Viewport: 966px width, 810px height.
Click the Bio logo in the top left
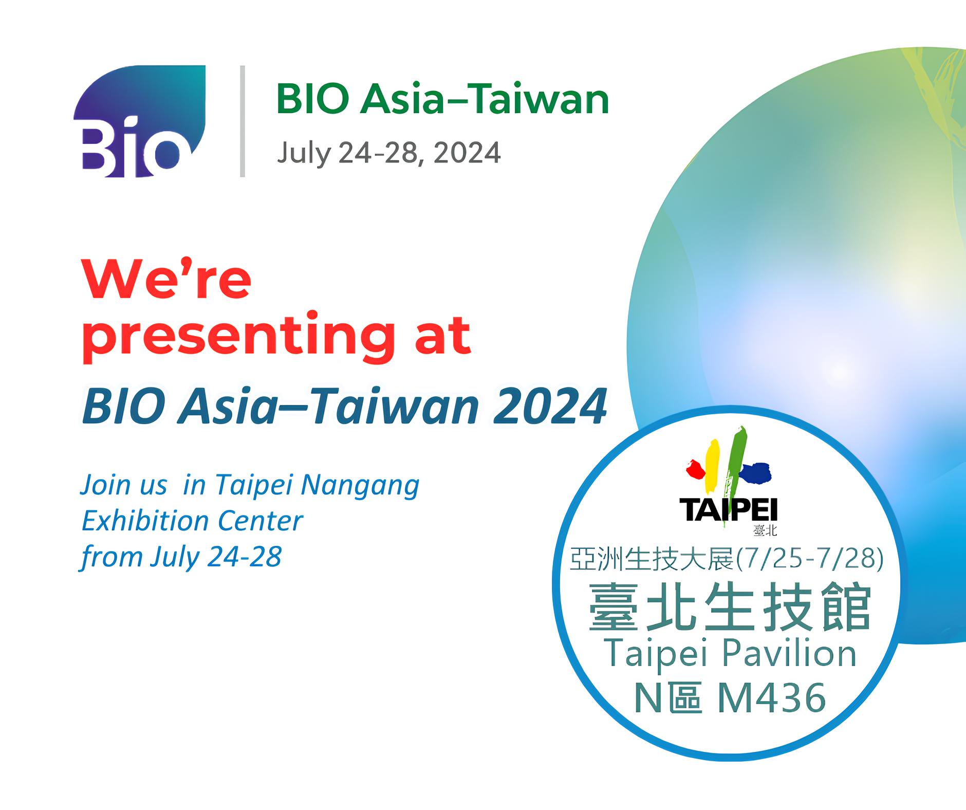click(139, 121)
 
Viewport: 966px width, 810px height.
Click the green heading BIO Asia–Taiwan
click(442, 99)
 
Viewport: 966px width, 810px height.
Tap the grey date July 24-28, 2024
click(389, 153)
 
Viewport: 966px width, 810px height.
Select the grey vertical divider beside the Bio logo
click(242, 121)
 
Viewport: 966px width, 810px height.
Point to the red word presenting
click(234, 337)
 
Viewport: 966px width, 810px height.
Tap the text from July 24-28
click(181, 557)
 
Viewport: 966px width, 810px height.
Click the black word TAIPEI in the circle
click(728, 510)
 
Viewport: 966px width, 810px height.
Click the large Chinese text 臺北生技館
click(730, 607)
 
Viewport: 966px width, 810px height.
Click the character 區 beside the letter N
click(686, 697)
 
